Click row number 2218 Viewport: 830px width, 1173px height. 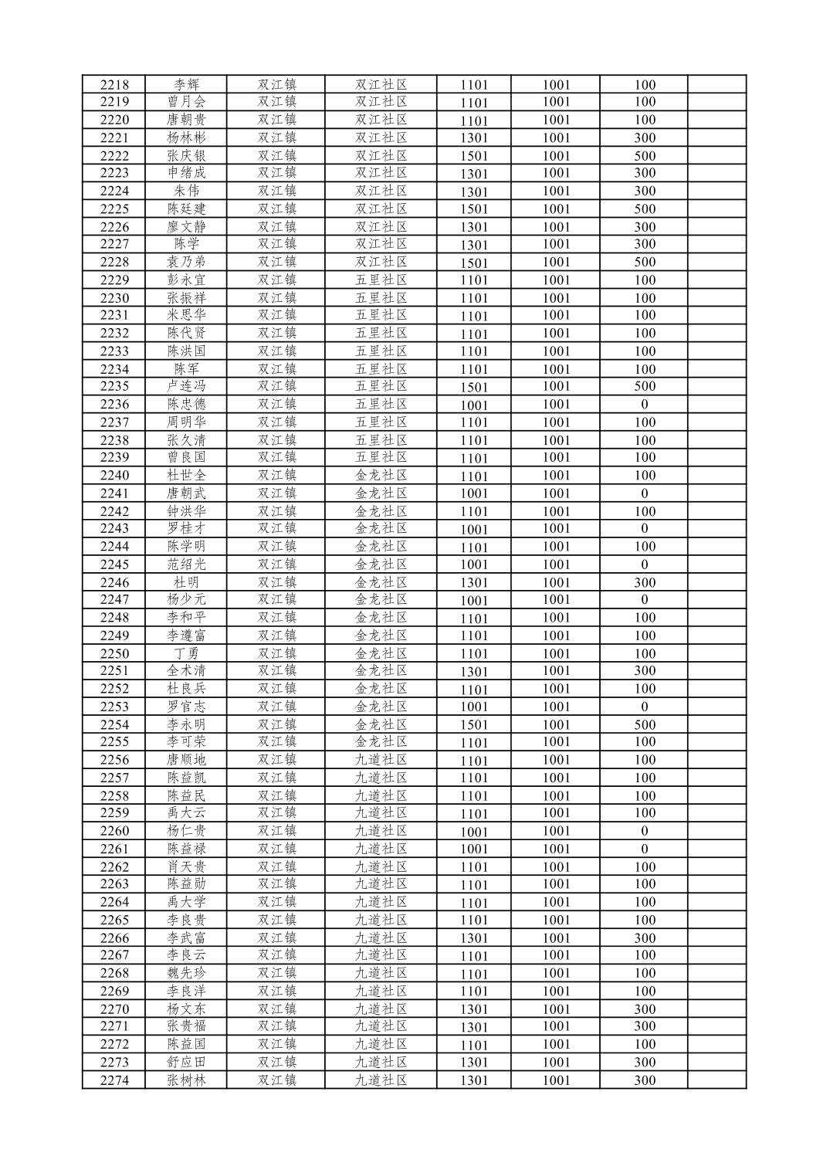pos(114,85)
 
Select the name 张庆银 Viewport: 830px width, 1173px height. pos(186,155)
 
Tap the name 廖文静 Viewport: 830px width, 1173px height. pos(186,226)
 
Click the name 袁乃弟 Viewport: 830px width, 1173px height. pos(186,262)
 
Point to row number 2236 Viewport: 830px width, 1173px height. pos(114,405)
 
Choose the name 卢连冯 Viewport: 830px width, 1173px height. pos(186,386)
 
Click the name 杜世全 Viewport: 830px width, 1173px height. pos(186,476)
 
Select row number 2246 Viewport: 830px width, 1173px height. pos(114,582)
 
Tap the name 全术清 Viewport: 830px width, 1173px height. pos(186,671)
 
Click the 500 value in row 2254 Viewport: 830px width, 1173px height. pos(645,724)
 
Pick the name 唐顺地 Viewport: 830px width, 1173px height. pos(186,760)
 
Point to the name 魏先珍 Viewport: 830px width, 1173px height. pos(186,973)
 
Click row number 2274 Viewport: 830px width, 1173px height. pos(114,1080)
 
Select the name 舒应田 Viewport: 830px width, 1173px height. pos(186,1062)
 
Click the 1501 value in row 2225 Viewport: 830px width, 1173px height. pos(474,209)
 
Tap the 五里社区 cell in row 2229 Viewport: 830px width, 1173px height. pos(381,280)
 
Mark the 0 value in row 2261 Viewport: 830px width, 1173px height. pos(645,849)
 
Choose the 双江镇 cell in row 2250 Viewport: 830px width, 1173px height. pos(276,653)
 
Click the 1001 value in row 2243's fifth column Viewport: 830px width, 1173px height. pos(474,530)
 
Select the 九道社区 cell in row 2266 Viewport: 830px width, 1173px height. pos(381,937)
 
